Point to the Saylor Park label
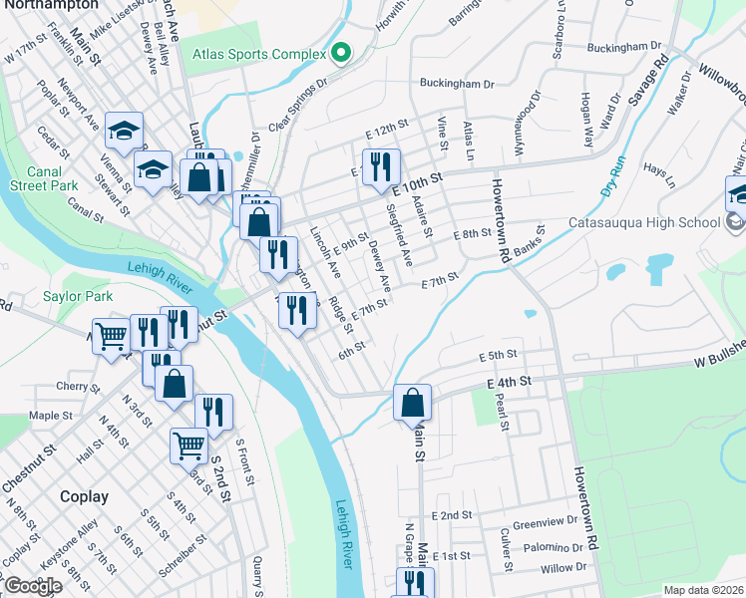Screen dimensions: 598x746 point(78,296)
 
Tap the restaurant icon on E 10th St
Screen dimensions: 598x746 point(380,167)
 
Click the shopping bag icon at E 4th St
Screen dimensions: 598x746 point(412,404)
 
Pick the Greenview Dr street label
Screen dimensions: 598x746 point(546,521)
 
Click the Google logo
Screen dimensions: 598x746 point(32,586)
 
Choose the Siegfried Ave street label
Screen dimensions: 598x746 point(399,235)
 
